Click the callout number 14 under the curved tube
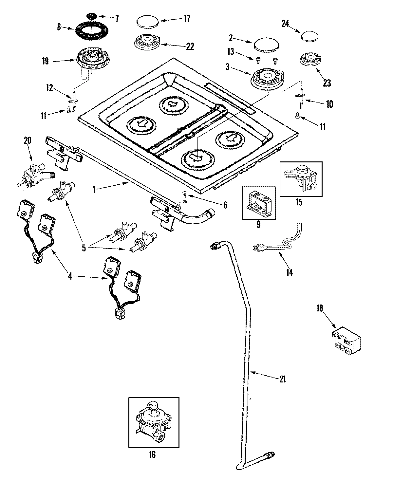(x=289, y=272)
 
